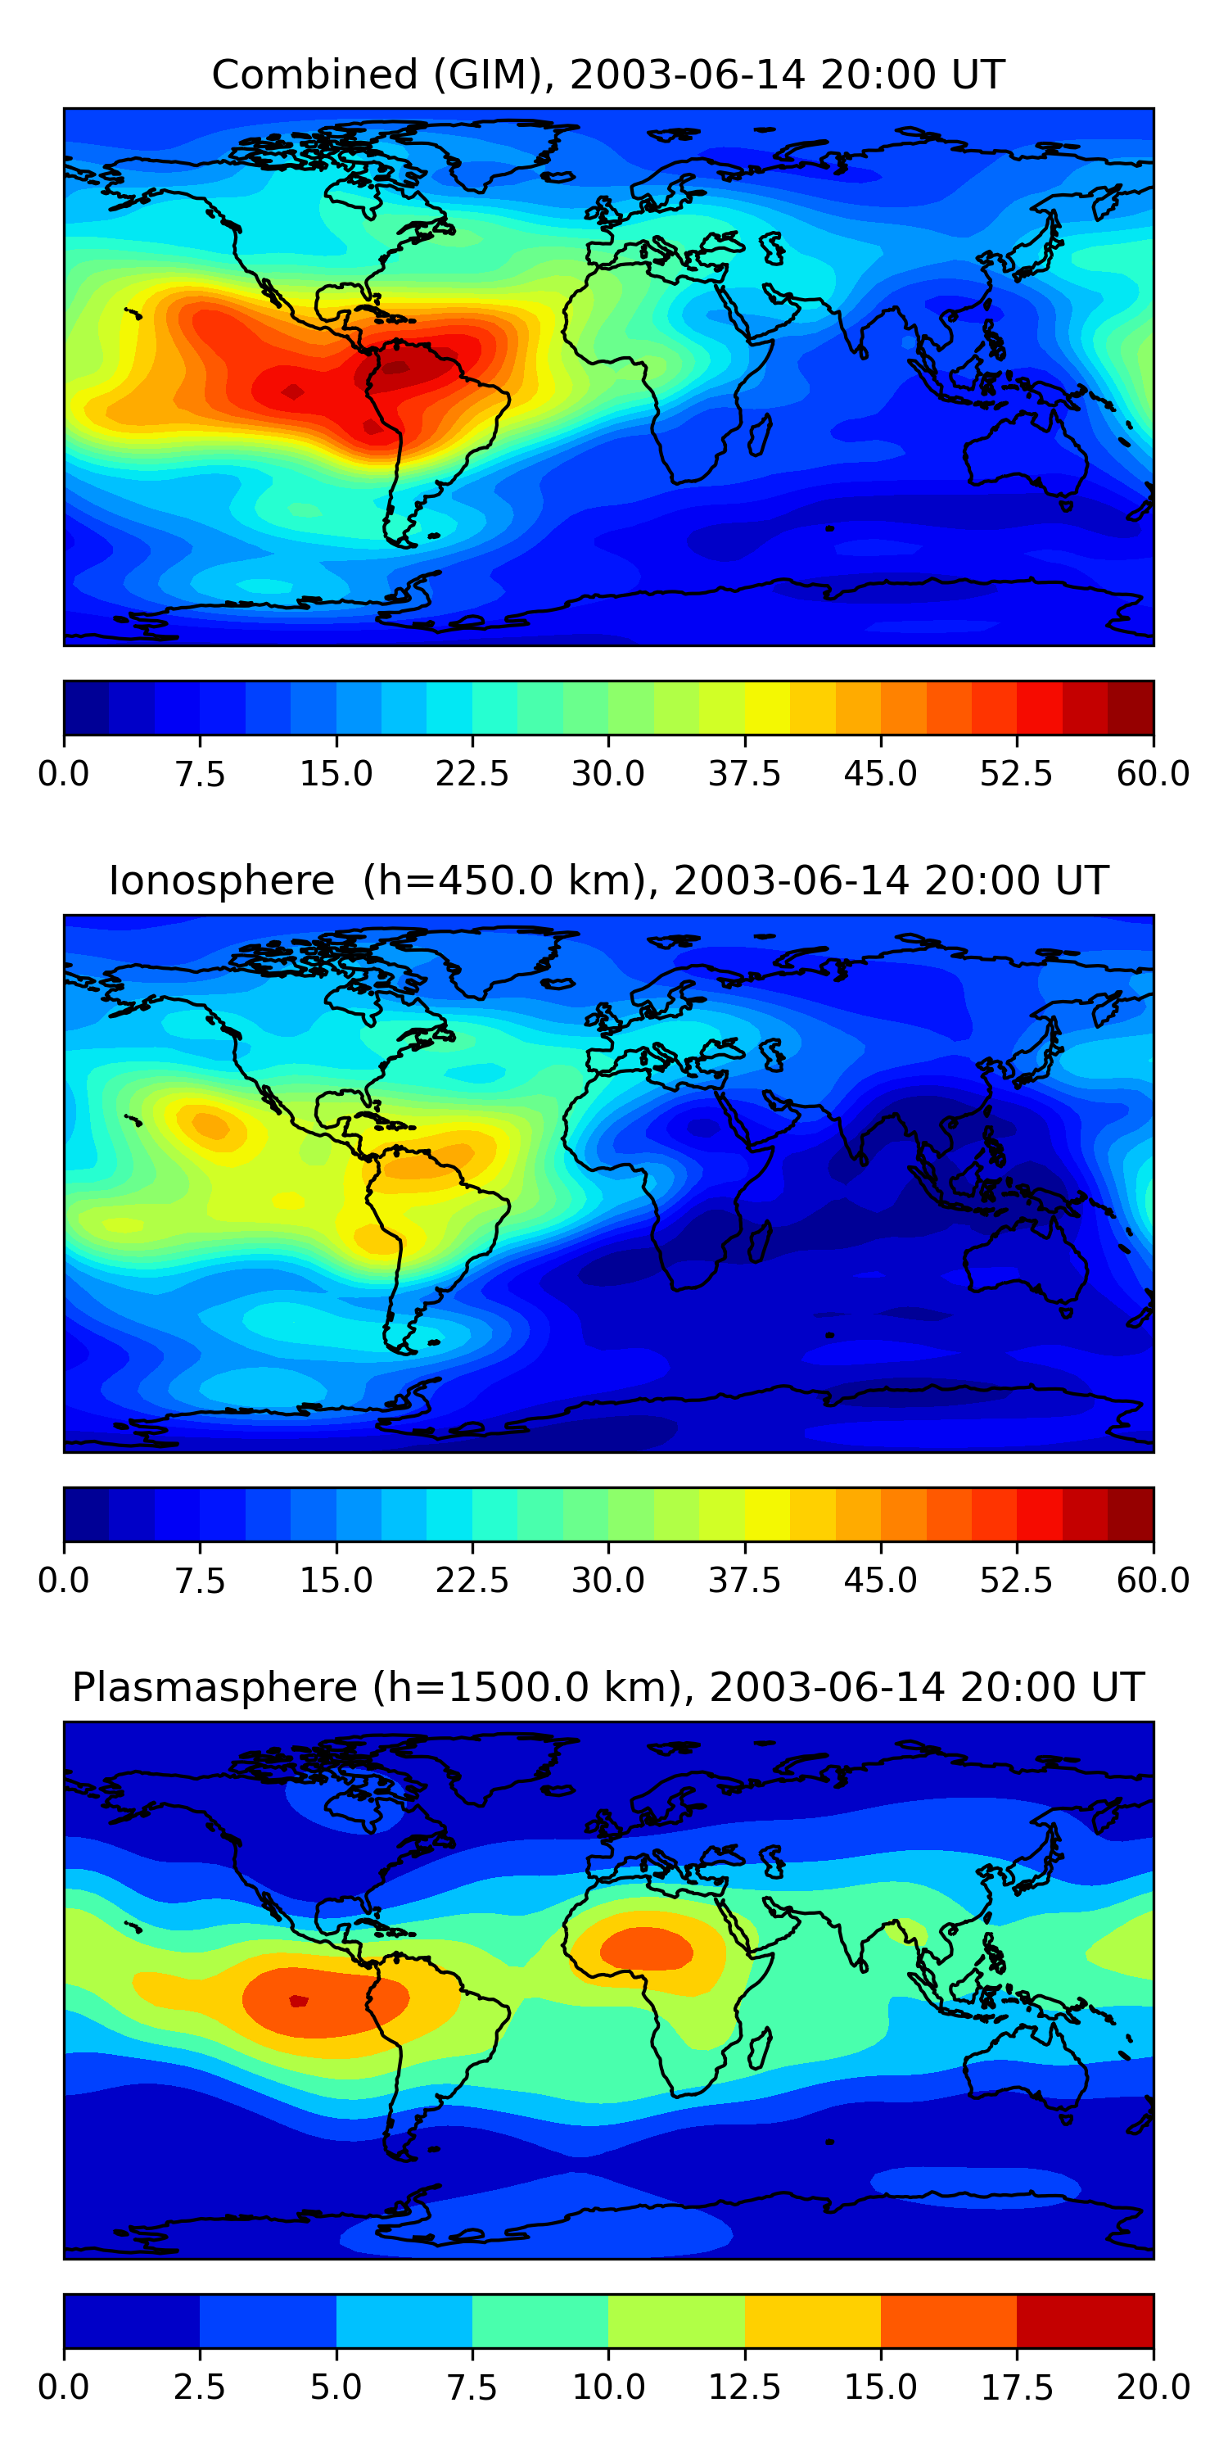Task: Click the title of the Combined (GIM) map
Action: point(608,75)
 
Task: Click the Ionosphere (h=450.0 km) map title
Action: point(608,880)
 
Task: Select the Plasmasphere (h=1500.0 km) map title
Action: point(608,1687)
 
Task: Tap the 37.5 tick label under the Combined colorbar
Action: point(745,773)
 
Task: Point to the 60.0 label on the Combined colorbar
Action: point(1154,773)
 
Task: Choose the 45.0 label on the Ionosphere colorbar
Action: point(881,1581)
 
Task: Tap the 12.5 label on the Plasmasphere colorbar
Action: point(745,2387)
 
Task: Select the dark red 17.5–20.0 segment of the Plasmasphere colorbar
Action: point(1085,2320)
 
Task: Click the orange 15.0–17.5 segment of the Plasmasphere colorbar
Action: point(949,2320)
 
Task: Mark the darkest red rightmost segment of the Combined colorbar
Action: point(1131,708)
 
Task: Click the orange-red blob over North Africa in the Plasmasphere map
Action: point(648,1948)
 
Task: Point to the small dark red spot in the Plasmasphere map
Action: point(299,2001)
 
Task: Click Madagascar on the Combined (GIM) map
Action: point(760,434)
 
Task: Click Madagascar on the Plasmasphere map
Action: point(760,2047)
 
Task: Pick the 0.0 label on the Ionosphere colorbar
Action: point(64,1581)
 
